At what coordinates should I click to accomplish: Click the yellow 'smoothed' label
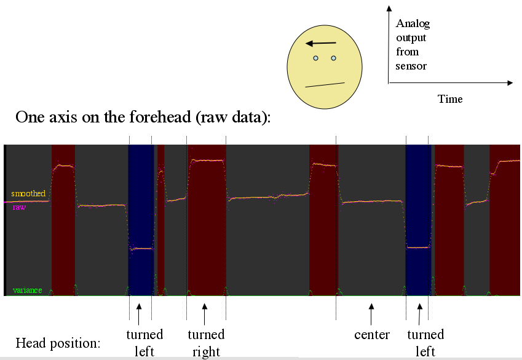(x=28, y=193)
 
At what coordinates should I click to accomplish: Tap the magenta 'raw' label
(x=19, y=207)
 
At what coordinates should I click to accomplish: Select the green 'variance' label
(x=27, y=290)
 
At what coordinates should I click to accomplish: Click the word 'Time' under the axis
(x=450, y=99)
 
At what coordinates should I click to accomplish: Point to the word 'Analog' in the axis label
(x=413, y=23)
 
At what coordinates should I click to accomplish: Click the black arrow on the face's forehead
(x=321, y=43)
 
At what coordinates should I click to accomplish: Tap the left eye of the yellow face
(x=315, y=58)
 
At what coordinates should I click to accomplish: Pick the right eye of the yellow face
(x=334, y=58)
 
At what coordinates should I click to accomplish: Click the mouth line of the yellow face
(x=325, y=85)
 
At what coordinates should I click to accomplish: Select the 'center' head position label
(x=372, y=335)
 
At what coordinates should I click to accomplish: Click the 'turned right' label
(x=206, y=343)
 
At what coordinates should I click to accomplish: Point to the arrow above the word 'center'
(x=371, y=314)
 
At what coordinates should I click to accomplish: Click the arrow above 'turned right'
(x=204, y=314)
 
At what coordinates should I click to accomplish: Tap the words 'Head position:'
(x=58, y=343)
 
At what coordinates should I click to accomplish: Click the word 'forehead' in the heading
(x=160, y=117)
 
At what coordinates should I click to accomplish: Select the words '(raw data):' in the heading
(x=234, y=118)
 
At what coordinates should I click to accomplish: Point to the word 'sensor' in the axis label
(x=411, y=66)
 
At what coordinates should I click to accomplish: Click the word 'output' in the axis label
(x=411, y=38)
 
